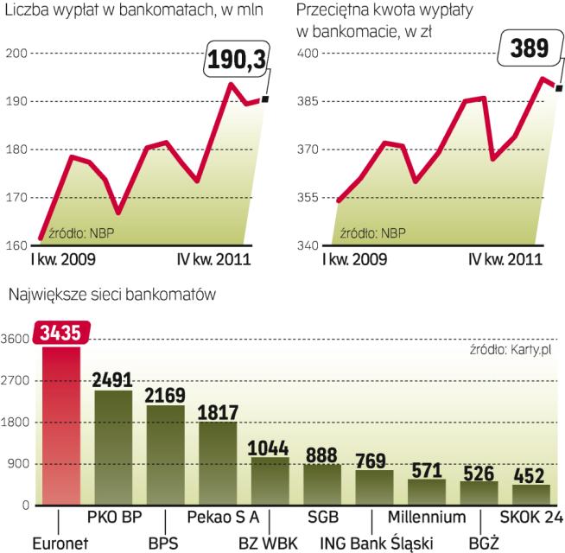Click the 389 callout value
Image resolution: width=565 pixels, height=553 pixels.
[530, 49]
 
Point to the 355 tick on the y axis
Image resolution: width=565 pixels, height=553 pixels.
[309, 198]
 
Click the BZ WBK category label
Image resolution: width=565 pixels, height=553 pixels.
[269, 543]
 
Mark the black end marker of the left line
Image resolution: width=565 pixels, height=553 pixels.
[264, 99]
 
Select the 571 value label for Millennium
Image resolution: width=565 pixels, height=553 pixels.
[427, 470]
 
